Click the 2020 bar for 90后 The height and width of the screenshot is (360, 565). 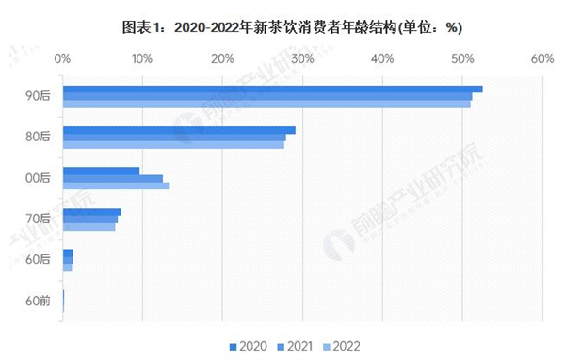272,89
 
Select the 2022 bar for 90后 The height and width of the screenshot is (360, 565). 266,104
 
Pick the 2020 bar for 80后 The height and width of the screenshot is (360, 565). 179,130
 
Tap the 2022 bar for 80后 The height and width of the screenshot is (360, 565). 173,145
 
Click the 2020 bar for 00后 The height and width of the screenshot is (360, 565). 101,171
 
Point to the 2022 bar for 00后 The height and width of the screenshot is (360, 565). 116,186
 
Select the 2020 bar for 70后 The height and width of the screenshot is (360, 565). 91,212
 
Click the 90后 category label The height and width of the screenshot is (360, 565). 38,96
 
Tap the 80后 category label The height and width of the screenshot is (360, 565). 38,138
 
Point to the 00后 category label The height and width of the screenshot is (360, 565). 38,178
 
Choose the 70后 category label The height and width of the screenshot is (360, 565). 38,219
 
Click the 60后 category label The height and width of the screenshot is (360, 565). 38,260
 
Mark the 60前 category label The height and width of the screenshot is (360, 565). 38,301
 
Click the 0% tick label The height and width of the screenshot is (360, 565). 63,58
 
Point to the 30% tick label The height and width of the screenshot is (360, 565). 302,58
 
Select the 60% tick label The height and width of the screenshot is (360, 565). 541,58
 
